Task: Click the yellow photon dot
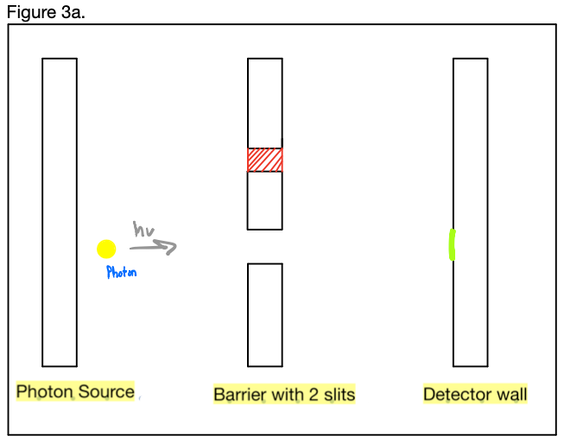pyautogui.click(x=106, y=249)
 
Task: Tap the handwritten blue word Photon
pyautogui.click(x=122, y=272)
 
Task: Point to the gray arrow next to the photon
pyautogui.click(x=153, y=247)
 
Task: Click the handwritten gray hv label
pyautogui.click(x=144, y=229)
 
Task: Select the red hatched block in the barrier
pyautogui.click(x=265, y=160)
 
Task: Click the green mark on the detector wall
pyautogui.click(x=452, y=244)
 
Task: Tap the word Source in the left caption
pyautogui.click(x=105, y=391)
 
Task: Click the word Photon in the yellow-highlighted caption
pyautogui.click(x=45, y=391)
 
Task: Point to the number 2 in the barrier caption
pyautogui.click(x=314, y=395)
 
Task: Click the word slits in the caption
pyautogui.click(x=339, y=395)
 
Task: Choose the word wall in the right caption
pyautogui.click(x=512, y=395)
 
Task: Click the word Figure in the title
pyautogui.click(x=32, y=13)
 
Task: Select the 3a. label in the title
pyautogui.click(x=73, y=13)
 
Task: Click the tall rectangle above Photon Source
pyautogui.click(x=60, y=212)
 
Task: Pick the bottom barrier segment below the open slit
pyautogui.click(x=265, y=315)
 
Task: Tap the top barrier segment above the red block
pyautogui.click(x=265, y=103)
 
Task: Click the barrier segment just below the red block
pyautogui.click(x=265, y=200)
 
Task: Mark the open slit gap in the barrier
pyautogui.click(x=265, y=247)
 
